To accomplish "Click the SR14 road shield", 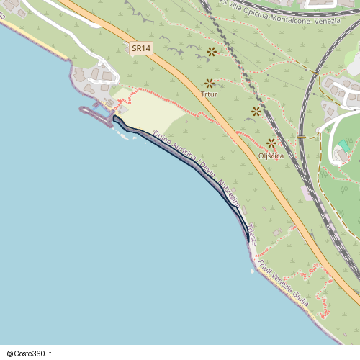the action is pyautogui.click(x=141, y=48).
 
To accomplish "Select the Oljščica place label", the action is pyautogui.click(x=271, y=156).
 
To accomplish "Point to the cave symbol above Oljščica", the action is pyautogui.click(x=271, y=143).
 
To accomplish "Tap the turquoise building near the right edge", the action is pyautogui.click(x=344, y=145).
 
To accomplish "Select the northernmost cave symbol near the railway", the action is pyautogui.click(x=212, y=52).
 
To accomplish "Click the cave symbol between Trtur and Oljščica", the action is pyautogui.click(x=256, y=111).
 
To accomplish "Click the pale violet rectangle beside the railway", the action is pyautogui.click(x=307, y=194).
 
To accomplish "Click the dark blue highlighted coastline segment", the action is pyautogui.click(x=187, y=162).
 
